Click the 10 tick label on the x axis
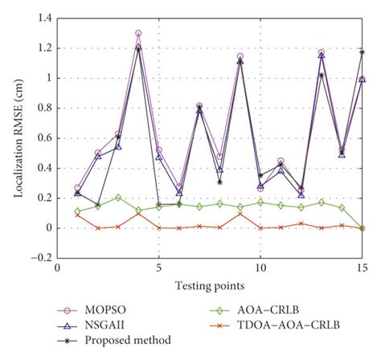coord(260,268)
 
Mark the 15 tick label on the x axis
coord(361,268)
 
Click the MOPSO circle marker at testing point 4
coord(138,34)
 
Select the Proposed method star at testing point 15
coord(362,52)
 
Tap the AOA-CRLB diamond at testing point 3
coord(118,197)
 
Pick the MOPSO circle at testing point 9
coord(240,57)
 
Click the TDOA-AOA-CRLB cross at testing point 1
coord(77,215)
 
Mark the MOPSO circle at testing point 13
coord(322,53)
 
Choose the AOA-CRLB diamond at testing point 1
coord(77,211)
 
